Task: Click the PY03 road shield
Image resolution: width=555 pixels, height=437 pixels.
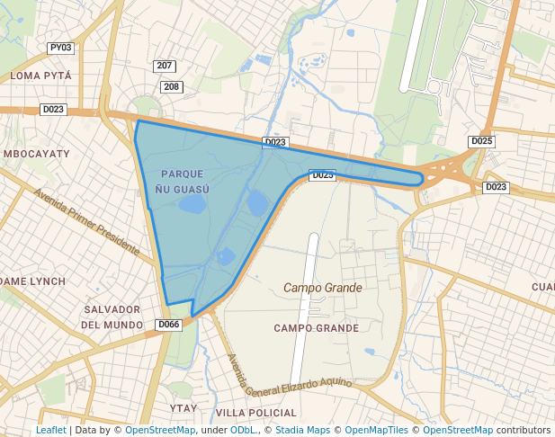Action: click(61, 48)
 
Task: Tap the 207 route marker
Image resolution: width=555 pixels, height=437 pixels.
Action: click(165, 67)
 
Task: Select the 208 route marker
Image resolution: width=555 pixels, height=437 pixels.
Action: click(171, 87)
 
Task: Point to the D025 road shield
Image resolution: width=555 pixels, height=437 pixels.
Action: click(482, 141)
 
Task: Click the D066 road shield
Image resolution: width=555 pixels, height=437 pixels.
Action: click(168, 325)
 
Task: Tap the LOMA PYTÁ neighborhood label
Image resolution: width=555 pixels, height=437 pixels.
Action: click(41, 76)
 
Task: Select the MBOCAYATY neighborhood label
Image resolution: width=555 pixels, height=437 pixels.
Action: click(37, 155)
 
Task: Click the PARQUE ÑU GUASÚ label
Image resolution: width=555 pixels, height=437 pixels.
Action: click(182, 181)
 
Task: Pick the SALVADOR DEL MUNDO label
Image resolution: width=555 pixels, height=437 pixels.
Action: click(112, 317)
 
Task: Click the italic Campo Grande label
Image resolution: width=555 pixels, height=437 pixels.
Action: click(323, 288)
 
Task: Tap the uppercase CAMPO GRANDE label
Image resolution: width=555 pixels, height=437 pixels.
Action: click(317, 328)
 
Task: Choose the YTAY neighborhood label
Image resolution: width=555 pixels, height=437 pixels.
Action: click(183, 408)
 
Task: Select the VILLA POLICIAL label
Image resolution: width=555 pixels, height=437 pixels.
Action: click(256, 413)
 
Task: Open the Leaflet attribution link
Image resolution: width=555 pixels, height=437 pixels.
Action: click(51, 430)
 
